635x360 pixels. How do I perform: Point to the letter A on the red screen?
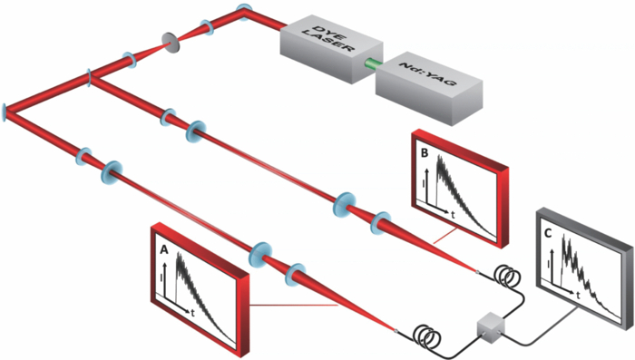(164, 248)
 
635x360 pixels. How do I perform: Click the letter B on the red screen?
(424, 154)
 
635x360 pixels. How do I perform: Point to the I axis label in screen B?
(424, 187)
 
